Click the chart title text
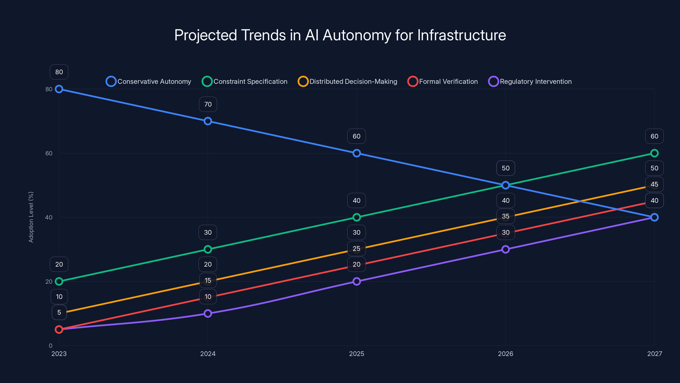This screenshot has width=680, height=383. pyautogui.click(x=340, y=35)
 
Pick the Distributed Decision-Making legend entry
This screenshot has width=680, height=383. pyautogui.click(x=347, y=81)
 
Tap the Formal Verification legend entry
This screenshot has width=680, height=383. pyautogui.click(x=443, y=81)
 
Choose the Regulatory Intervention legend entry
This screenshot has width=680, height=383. pyautogui.click(x=530, y=81)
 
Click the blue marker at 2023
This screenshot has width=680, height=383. pyautogui.click(x=59, y=89)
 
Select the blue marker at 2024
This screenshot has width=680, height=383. pyautogui.click(x=208, y=121)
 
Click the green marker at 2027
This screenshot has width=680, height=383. pyautogui.click(x=654, y=153)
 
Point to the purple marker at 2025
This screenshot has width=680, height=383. pyautogui.click(x=357, y=281)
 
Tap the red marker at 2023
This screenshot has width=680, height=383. pyautogui.click(x=59, y=329)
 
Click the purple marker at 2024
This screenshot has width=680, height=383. pyautogui.click(x=208, y=313)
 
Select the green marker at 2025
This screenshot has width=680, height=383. pyautogui.click(x=357, y=217)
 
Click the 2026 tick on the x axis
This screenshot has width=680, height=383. pyautogui.click(x=505, y=354)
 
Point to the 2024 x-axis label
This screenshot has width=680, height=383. pyautogui.click(x=208, y=354)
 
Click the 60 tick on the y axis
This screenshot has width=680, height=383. pyautogui.click(x=49, y=153)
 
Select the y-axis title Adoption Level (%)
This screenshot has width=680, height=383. pyautogui.click(x=31, y=217)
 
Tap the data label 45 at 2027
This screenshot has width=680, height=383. pyautogui.click(x=654, y=184)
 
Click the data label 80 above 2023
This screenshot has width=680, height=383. pyautogui.click(x=59, y=72)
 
